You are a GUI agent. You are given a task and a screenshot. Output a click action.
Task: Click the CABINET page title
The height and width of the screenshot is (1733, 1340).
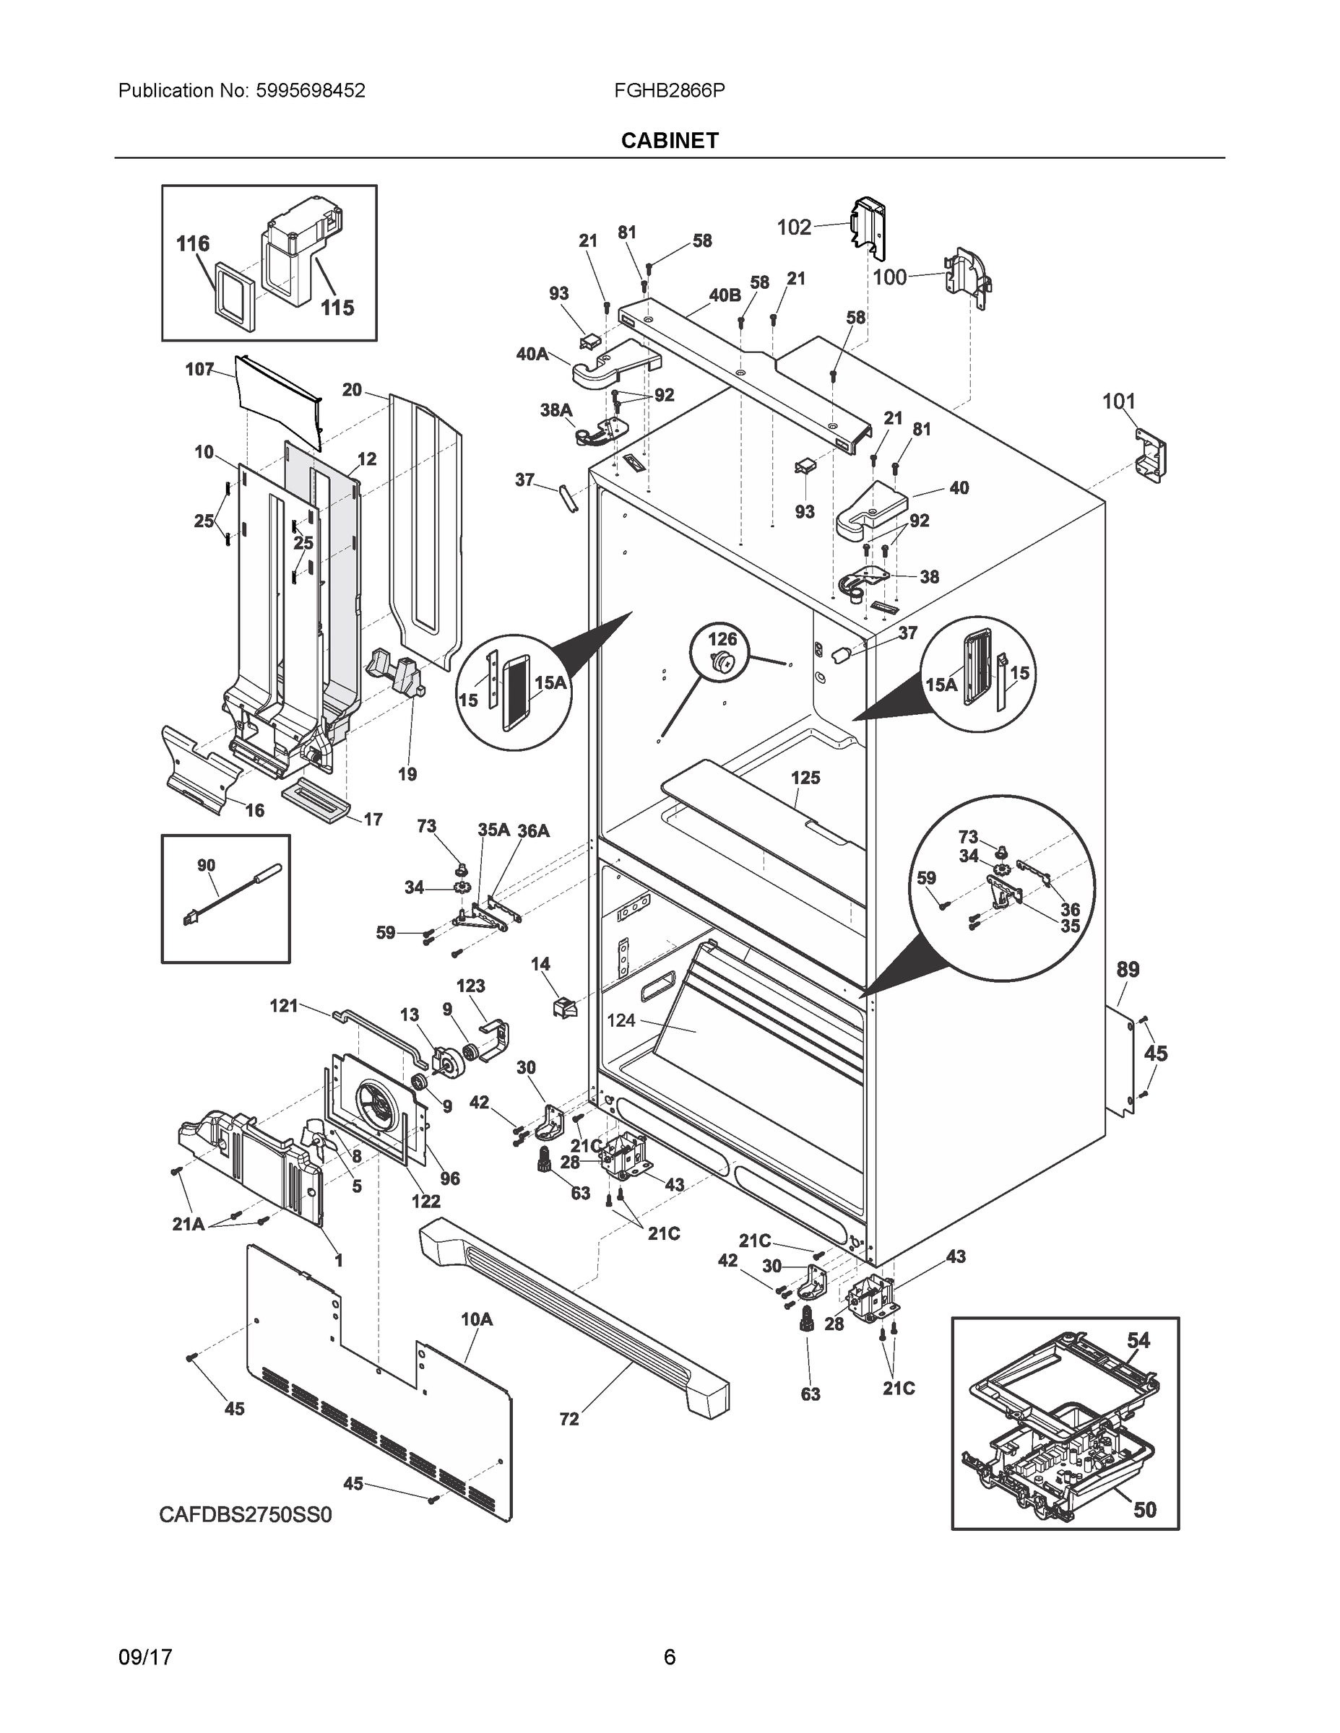[669, 141]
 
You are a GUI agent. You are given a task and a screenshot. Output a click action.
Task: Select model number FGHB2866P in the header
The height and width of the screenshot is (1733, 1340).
[668, 90]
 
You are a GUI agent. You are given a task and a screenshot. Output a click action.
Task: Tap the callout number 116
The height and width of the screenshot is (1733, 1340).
[193, 243]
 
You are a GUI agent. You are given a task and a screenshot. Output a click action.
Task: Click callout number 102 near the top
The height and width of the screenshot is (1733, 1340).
[794, 227]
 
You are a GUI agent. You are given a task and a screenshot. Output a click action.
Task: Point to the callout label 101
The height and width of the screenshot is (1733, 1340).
[1118, 401]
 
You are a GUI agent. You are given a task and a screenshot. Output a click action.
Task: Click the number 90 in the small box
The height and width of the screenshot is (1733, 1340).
[206, 865]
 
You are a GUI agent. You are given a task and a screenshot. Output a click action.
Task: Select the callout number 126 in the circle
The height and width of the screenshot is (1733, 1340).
[722, 639]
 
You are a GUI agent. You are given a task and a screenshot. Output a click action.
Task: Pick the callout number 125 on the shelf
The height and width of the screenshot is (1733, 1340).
[805, 778]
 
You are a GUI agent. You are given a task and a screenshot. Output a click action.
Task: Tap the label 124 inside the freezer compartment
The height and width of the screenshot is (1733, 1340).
[621, 1020]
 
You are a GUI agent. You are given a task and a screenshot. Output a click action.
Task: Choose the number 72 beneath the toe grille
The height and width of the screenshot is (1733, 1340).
[569, 1420]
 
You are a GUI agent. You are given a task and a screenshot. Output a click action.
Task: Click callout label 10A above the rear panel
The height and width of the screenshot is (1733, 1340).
[476, 1319]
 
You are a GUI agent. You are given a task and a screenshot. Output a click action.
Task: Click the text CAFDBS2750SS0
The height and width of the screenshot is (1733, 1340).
[246, 1515]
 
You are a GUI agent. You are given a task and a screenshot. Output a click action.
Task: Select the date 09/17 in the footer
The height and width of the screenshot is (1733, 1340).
[145, 1658]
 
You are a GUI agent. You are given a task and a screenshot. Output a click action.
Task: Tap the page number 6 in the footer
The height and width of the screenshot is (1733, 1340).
[669, 1658]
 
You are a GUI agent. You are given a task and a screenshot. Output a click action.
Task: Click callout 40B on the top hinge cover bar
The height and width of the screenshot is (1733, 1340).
[724, 295]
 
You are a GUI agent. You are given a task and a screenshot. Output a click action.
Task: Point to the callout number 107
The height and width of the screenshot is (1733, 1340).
[199, 369]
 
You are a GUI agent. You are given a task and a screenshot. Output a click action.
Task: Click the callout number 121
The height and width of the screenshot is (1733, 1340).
[283, 1006]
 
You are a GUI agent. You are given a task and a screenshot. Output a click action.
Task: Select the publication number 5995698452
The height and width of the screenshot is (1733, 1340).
[311, 90]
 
